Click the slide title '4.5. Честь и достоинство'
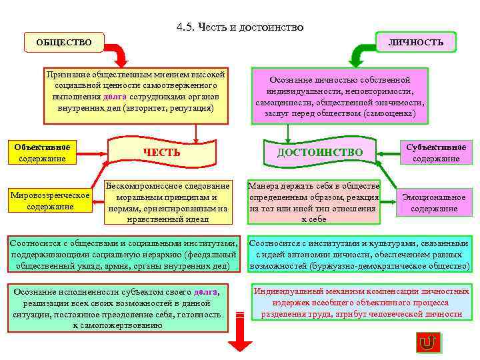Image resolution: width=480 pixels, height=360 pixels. (x=240, y=27)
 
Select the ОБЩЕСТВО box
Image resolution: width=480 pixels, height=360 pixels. (x=64, y=43)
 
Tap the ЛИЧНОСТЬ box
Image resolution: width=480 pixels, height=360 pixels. (x=416, y=42)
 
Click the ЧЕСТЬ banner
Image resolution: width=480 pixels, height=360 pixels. (x=161, y=152)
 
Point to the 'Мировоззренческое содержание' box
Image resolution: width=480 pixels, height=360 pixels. (x=50, y=201)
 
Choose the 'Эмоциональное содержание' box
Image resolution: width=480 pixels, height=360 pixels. (x=434, y=203)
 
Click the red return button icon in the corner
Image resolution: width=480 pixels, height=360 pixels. (x=427, y=343)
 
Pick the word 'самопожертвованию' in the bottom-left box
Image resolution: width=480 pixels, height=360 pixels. (x=117, y=325)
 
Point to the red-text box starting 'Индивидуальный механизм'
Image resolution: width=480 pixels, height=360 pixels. (x=361, y=303)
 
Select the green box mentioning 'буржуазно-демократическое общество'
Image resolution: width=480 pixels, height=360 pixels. (x=359, y=255)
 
